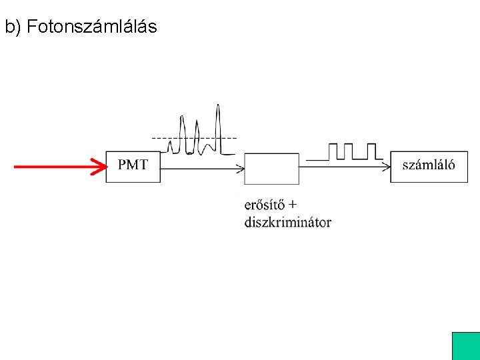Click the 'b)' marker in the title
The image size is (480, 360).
pos(13,27)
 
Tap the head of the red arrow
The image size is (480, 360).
pos(101,167)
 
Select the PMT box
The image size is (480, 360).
pos(133,167)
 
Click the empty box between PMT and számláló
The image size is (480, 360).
pos(271,168)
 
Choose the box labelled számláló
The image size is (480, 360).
pos(429,167)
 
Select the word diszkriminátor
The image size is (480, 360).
pos(287,222)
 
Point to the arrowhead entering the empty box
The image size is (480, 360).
pos(241,168)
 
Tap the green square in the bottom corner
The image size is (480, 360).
pos(465,346)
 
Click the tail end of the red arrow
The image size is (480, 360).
pos(17,167)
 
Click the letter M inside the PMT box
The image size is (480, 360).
pos(133,164)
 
